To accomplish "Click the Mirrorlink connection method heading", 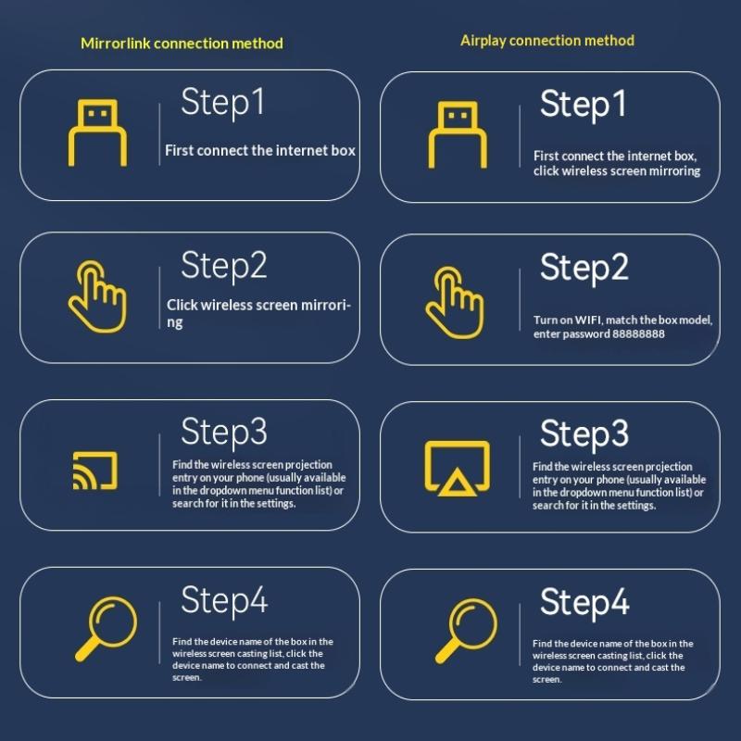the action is tap(182, 44).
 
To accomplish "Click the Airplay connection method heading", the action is tap(547, 41).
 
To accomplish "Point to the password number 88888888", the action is tap(638, 334).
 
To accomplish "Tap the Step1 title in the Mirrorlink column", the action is tap(223, 102).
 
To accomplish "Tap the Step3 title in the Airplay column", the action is tap(584, 433).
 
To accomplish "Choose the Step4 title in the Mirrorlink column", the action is tap(224, 599).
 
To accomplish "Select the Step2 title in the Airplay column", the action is tap(584, 268).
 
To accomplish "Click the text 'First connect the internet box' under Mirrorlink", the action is tap(260, 150).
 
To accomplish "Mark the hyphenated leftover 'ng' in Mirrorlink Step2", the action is tap(174, 322).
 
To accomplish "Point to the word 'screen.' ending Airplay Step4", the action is tap(547, 680).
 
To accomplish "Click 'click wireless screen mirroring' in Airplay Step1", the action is tap(617, 171).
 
